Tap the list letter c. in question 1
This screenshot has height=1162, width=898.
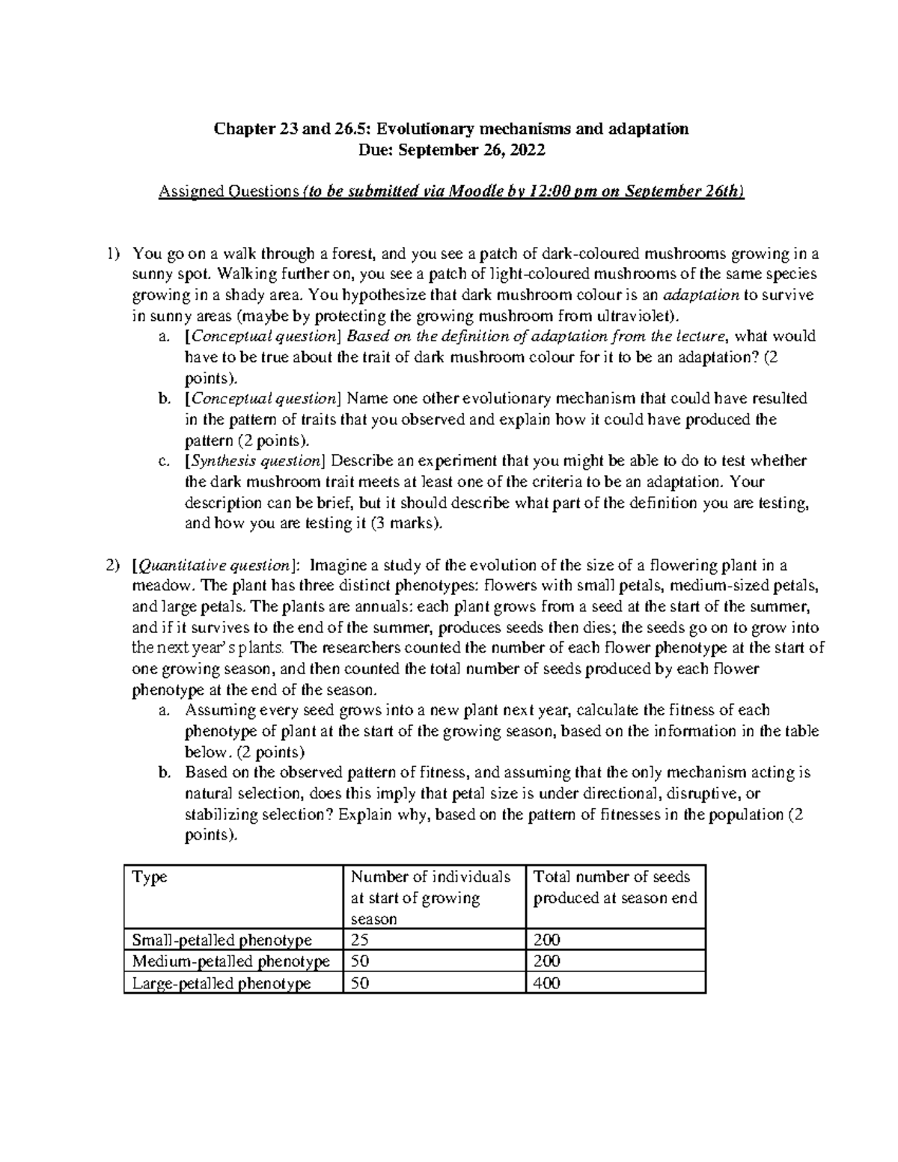[x=165, y=461]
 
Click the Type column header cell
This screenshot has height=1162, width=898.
[x=150, y=877]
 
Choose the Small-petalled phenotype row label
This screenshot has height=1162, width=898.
[x=222, y=940]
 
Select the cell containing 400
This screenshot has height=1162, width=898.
[x=546, y=983]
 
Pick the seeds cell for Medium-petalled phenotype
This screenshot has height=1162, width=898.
[x=546, y=961]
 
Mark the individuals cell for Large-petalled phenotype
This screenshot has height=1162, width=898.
[x=360, y=983]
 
